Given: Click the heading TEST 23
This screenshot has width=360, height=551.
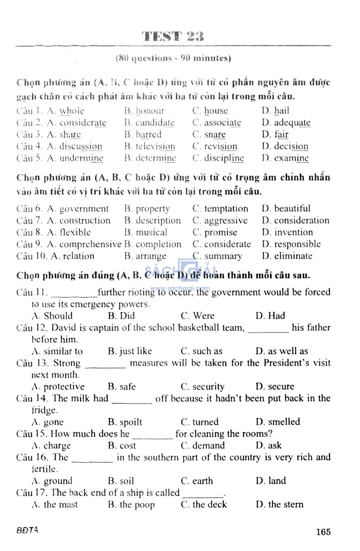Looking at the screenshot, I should (173, 36).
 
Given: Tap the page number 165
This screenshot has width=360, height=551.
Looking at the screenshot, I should (323, 532).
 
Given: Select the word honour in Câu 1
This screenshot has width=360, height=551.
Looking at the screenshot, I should (150, 111).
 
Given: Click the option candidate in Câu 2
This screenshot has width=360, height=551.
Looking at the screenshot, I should (155, 123).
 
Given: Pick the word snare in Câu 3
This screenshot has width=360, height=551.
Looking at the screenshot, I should (215, 135).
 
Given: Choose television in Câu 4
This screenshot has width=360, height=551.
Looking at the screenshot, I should (155, 147).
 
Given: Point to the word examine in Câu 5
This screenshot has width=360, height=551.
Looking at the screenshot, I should (291, 159).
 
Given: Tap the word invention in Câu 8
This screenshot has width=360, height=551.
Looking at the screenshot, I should (293, 232).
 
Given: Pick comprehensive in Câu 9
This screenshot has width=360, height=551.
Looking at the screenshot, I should (90, 244).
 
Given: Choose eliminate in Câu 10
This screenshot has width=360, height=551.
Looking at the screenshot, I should (293, 256).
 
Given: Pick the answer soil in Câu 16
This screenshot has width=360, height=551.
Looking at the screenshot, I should (127, 481).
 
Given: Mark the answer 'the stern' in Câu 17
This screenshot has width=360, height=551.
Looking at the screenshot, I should (285, 505).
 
